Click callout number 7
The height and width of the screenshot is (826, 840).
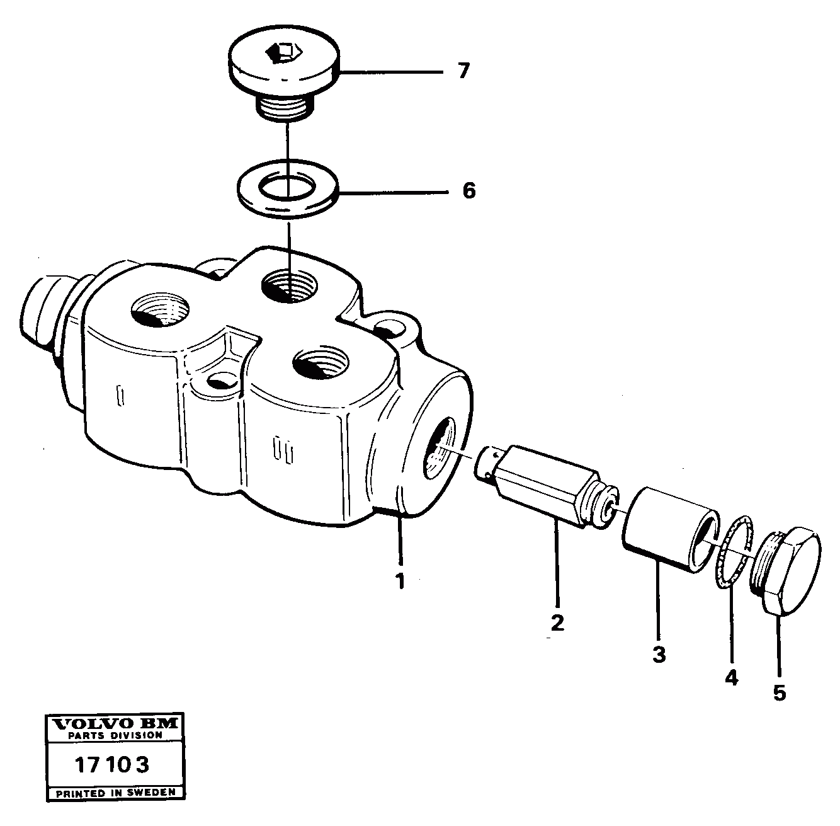463,72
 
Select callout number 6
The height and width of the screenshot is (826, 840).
468,190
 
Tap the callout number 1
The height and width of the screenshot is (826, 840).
399,580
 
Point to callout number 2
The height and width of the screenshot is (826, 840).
557,622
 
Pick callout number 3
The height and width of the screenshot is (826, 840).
659,655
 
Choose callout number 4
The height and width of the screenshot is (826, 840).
730,678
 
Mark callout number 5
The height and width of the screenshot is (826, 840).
780,693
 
